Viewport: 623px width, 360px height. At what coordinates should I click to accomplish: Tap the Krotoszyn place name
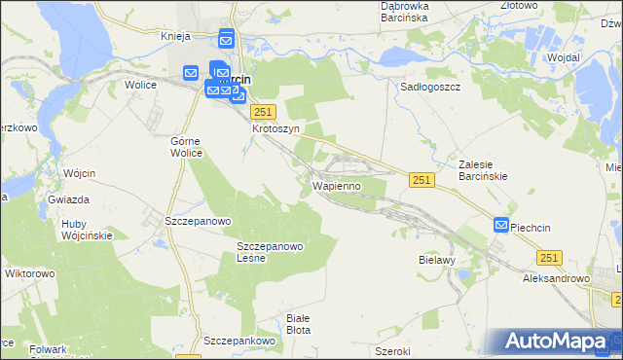click(275, 127)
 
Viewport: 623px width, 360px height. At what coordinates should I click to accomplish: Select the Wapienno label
click(338, 185)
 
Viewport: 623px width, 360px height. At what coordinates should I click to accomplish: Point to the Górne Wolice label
click(185, 146)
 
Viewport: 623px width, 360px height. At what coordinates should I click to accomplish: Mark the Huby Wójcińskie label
click(88, 229)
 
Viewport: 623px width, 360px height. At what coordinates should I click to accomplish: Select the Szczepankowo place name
click(239, 342)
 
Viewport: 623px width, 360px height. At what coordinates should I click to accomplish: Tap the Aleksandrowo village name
click(557, 278)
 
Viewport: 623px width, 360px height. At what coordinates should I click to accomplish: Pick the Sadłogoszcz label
click(430, 86)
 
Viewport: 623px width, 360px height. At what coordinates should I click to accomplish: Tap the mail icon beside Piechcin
click(501, 226)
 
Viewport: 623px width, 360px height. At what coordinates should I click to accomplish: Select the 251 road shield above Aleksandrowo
click(550, 256)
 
